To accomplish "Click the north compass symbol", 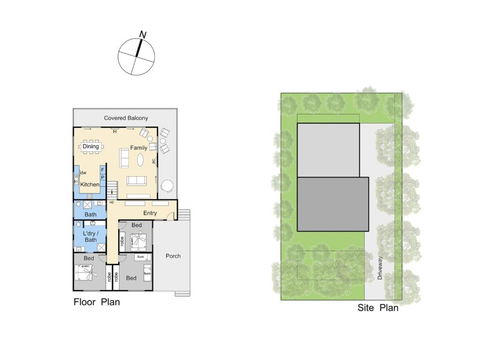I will point(137,56).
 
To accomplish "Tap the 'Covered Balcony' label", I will point(126,119).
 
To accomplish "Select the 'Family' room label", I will point(138,148).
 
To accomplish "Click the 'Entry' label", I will point(150,212).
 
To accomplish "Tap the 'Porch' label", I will point(172,254).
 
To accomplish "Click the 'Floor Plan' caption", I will point(96,300).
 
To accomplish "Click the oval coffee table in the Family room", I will point(141,160).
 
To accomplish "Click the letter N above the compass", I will point(143,35).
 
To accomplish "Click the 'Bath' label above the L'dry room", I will point(90,214).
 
